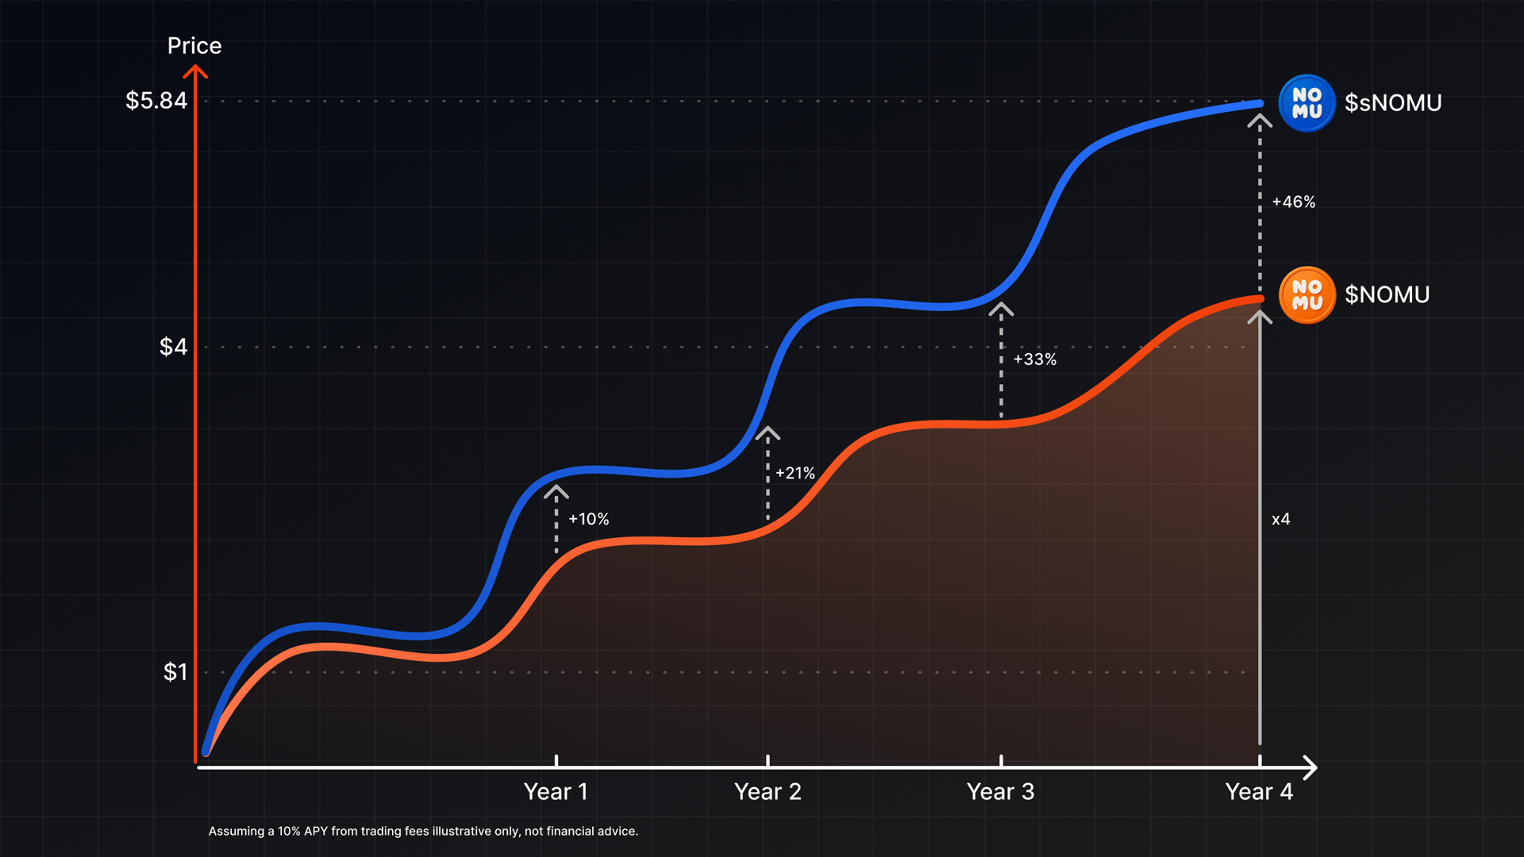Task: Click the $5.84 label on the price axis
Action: click(x=156, y=101)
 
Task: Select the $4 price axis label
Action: click(x=173, y=347)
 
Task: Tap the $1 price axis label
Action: click(x=175, y=672)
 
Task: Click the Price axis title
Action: click(x=194, y=46)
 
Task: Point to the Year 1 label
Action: click(x=556, y=792)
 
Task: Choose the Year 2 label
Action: click(x=768, y=792)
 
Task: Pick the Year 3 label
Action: click(x=1000, y=792)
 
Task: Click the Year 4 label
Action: click(x=1259, y=792)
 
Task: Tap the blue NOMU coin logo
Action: click(x=1307, y=103)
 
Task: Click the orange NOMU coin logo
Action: click(x=1307, y=295)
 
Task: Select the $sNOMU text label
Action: click(x=1393, y=103)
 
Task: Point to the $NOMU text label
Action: click(x=1387, y=295)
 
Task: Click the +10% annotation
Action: click(x=589, y=519)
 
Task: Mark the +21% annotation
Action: click(x=795, y=473)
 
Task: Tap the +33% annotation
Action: click(x=1035, y=359)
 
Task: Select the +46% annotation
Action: click(x=1294, y=202)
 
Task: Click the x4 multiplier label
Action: click(x=1281, y=520)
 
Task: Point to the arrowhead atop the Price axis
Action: click(x=195, y=72)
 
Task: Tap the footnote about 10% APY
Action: click(x=423, y=831)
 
